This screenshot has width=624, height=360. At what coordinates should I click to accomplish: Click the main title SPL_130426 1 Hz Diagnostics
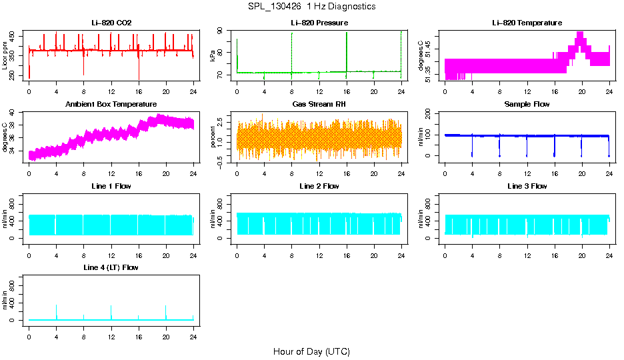point(311,7)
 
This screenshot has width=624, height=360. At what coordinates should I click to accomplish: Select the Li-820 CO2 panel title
point(111,23)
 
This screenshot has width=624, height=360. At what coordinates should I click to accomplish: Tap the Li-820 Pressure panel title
point(319,23)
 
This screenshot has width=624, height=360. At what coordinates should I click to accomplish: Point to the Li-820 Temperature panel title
point(527,23)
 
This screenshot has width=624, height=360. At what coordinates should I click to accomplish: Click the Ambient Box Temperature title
point(111,105)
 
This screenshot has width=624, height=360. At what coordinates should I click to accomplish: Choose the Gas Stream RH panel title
point(319,105)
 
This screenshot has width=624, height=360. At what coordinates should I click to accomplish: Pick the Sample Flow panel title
point(527,105)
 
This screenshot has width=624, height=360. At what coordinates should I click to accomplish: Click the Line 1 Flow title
point(111,186)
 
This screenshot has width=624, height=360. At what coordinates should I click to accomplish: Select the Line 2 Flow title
point(319,186)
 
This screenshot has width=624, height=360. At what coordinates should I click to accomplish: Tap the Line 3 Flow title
point(527,186)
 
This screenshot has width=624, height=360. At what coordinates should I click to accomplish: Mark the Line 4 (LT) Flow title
point(111,267)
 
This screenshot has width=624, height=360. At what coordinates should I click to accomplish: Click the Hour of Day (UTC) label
point(311,351)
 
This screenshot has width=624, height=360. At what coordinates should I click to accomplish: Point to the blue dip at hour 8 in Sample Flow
point(499,147)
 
